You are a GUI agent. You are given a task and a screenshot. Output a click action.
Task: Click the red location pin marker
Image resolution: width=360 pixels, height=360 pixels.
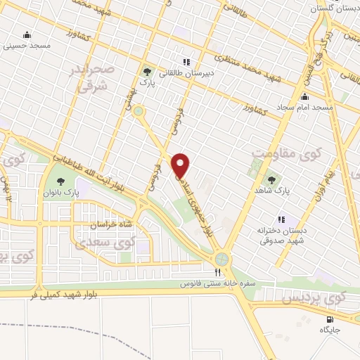click(x=181, y=165)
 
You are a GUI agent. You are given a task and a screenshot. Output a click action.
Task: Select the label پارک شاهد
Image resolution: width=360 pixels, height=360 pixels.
click(x=272, y=171)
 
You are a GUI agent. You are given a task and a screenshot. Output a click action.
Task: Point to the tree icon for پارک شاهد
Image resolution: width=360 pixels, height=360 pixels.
click(x=272, y=160)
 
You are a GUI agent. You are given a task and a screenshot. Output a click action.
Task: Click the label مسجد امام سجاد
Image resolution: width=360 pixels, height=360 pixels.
click(x=304, y=107)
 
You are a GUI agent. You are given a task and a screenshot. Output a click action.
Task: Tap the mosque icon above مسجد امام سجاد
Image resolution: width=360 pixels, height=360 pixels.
click(x=304, y=96)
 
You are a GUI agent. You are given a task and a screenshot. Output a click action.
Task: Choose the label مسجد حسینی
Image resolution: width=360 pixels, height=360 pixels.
click(x=26, y=46)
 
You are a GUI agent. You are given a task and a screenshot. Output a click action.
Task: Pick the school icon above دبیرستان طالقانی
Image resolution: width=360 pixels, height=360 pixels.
click(x=186, y=61)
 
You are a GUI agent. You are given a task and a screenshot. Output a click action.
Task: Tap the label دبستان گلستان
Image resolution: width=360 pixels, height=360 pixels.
click(x=334, y=8)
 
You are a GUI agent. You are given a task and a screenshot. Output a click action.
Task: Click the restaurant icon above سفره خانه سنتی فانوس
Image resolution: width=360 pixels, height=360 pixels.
click(x=218, y=272)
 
